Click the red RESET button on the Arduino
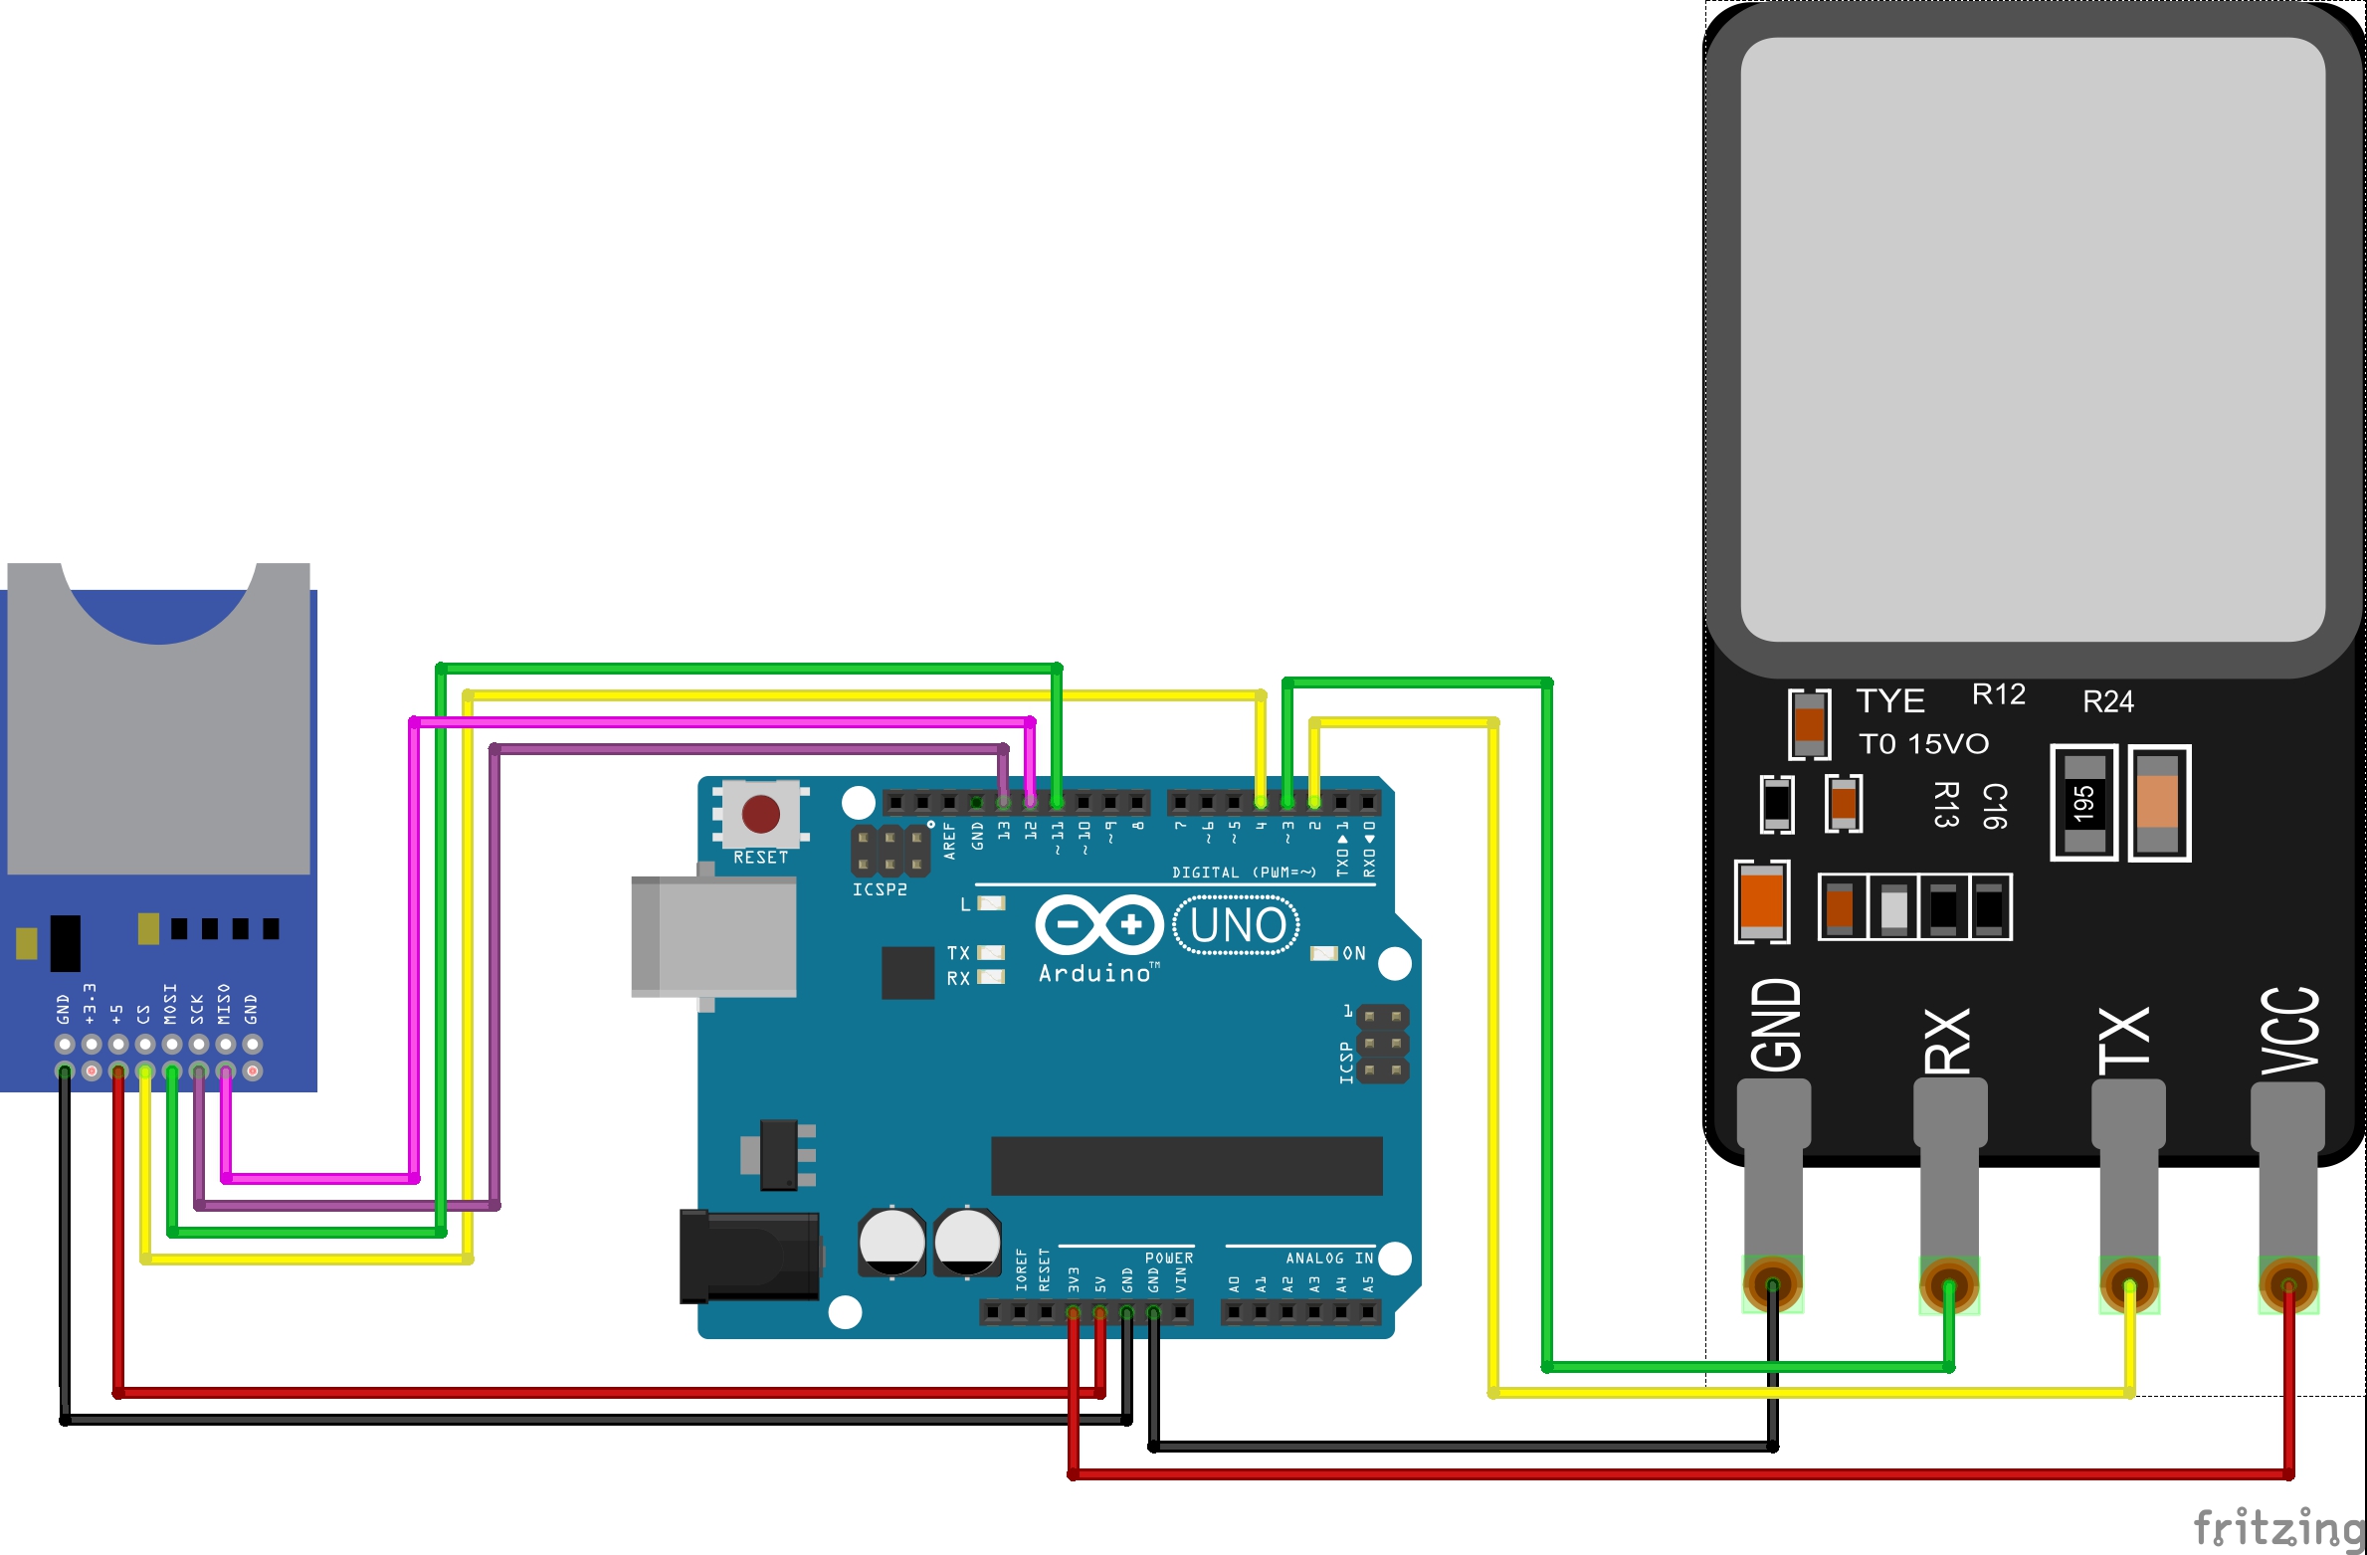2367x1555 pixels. coord(761,813)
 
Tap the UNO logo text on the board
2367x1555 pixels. coord(1237,925)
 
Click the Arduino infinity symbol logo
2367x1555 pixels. coord(1098,925)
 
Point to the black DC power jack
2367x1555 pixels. coord(749,1256)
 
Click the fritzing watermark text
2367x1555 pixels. coord(2277,1527)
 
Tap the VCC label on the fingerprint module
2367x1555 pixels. coord(2288,1031)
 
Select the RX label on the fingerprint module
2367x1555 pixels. coord(1947,1041)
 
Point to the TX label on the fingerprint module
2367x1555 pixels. coord(2124,1041)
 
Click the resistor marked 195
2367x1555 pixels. coord(2083,802)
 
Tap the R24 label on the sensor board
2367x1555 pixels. coord(2107,702)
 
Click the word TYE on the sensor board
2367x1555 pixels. coord(1889,700)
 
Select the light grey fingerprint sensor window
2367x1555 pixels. coord(2032,338)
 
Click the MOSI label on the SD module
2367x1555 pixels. coord(170,1003)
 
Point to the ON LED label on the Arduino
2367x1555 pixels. coord(1354,953)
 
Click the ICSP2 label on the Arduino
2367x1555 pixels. coord(880,889)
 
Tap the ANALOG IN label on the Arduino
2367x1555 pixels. coord(1328,1259)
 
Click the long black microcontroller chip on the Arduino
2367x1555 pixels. coord(1186,1165)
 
